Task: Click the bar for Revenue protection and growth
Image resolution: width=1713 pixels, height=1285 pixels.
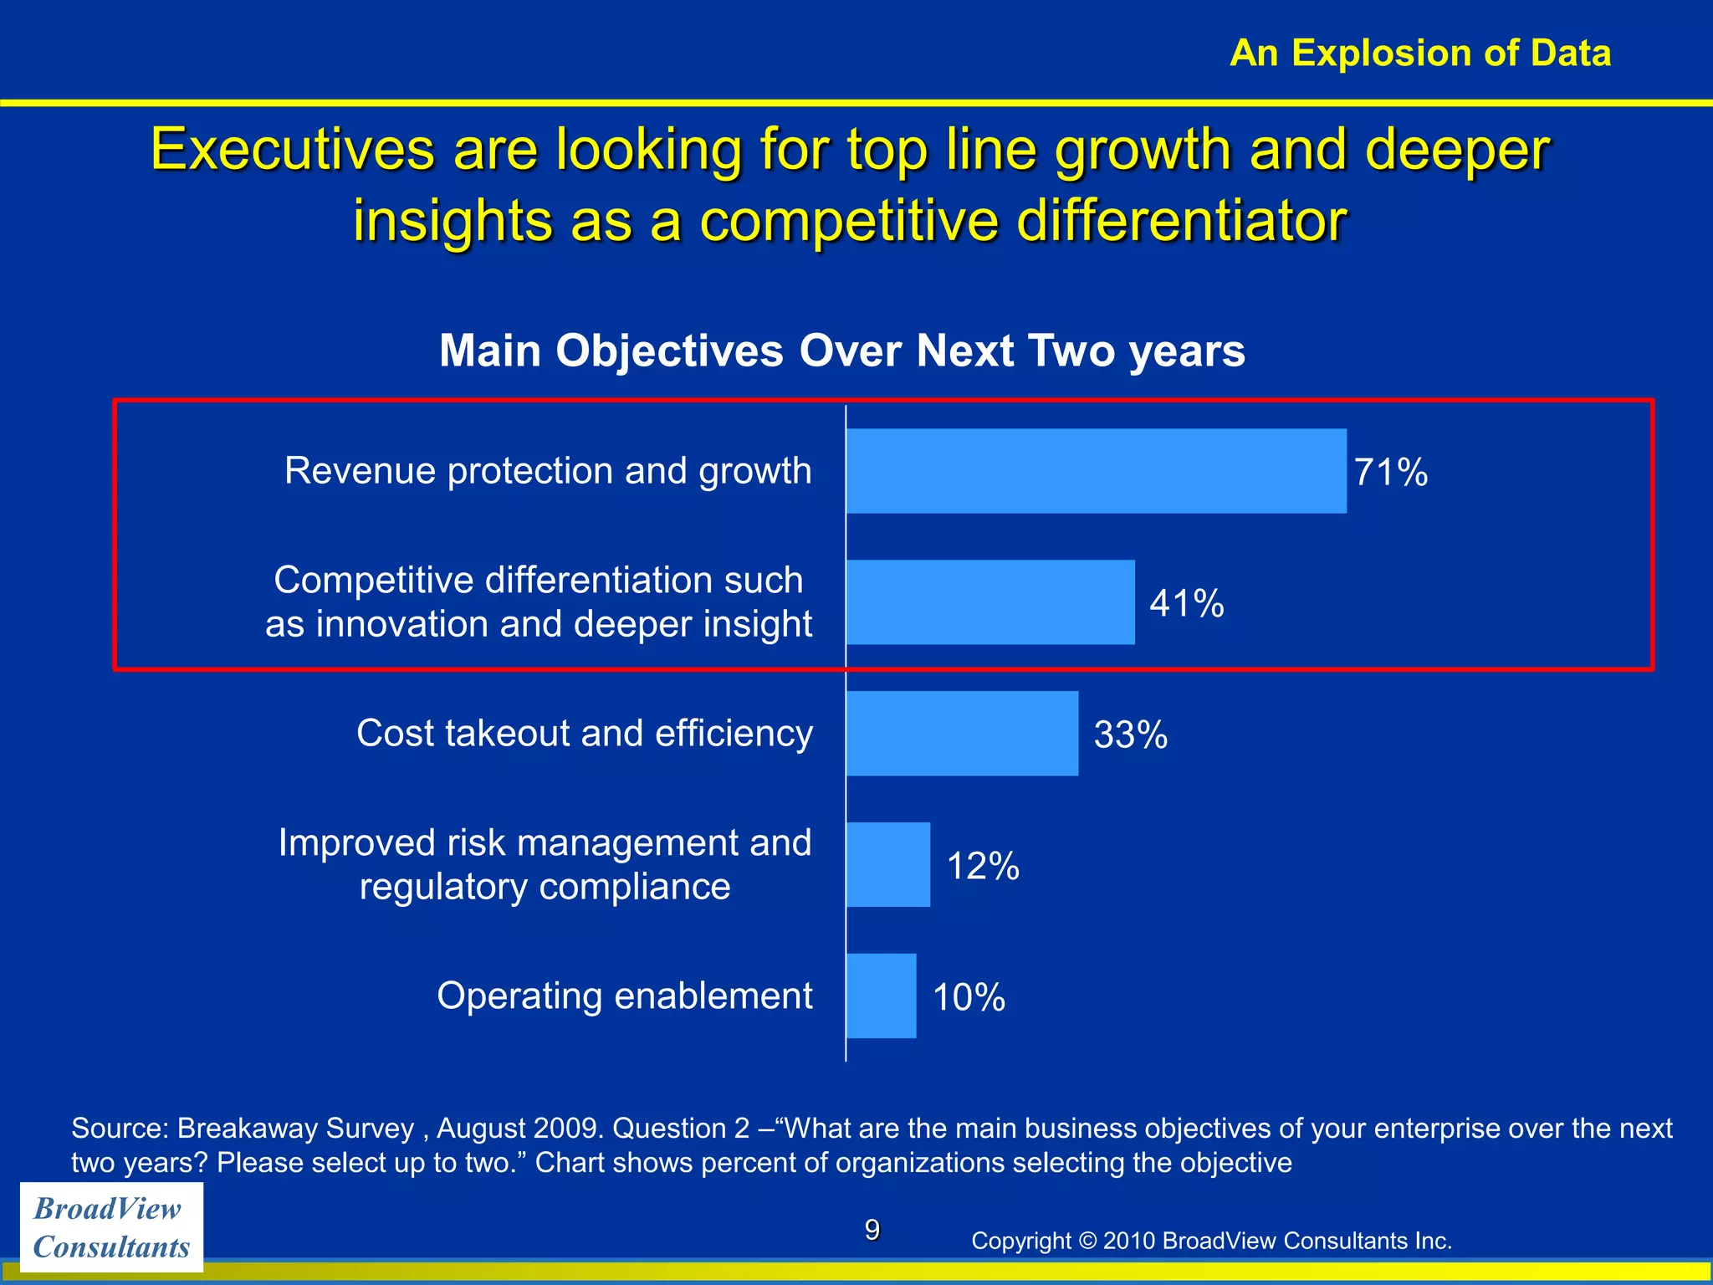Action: (x=1096, y=471)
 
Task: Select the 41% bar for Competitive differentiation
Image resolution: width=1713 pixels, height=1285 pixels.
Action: (x=990, y=602)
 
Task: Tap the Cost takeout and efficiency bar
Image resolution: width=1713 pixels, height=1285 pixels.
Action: (x=962, y=734)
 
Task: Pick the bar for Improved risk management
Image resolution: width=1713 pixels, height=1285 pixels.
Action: (x=887, y=865)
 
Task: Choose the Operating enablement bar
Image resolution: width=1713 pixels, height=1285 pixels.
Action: (x=881, y=996)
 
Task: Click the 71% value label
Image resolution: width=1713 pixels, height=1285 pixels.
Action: (x=1391, y=473)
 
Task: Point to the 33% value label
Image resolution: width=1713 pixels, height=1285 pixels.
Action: (x=1131, y=735)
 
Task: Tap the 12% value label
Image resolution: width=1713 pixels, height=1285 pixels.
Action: (x=983, y=867)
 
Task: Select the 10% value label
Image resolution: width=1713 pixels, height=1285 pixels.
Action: (x=969, y=998)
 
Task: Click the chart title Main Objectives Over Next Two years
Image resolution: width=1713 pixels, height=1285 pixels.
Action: (x=842, y=351)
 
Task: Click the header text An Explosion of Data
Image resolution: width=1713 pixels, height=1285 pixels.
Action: (x=1420, y=54)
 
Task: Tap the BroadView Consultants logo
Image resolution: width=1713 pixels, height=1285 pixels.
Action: (x=111, y=1227)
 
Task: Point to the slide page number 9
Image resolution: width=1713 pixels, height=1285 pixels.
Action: (x=872, y=1230)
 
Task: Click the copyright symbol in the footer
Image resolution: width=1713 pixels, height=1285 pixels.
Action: (x=1087, y=1241)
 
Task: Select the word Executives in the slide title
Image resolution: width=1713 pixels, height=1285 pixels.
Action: (x=293, y=151)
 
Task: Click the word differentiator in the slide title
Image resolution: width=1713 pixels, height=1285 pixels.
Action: (x=1181, y=222)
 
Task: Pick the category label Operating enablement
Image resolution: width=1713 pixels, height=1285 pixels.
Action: (x=624, y=996)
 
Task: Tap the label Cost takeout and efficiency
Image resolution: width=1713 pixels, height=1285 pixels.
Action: (x=584, y=734)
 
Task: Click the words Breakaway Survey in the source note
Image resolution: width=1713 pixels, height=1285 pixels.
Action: (x=295, y=1129)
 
